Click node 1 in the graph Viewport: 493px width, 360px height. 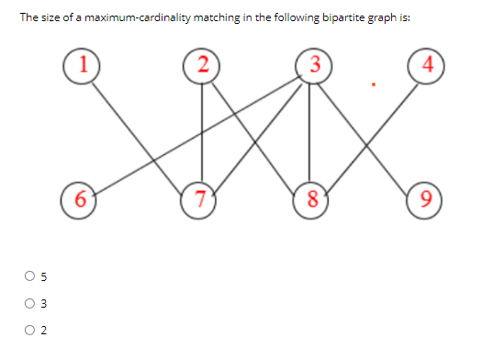(x=82, y=67)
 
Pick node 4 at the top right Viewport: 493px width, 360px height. (x=428, y=67)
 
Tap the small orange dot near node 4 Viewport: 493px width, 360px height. (x=373, y=87)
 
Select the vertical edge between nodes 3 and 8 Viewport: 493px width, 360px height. (x=311, y=138)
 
